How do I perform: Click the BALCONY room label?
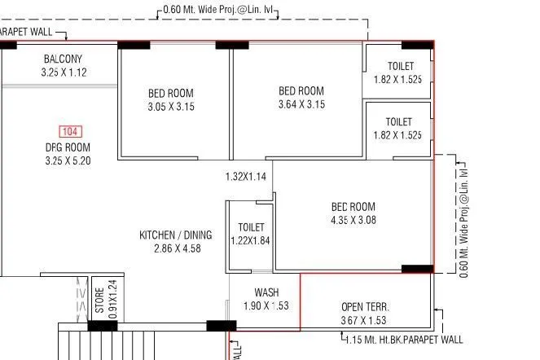(x=63, y=59)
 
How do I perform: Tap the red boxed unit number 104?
(x=69, y=131)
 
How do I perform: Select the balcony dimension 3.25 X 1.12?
(x=63, y=72)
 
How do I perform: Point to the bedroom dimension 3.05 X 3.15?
(x=171, y=107)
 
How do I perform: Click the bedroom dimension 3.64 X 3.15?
(x=301, y=104)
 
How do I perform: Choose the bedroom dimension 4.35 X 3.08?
(x=353, y=220)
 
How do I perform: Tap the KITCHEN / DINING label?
(x=175, y=235)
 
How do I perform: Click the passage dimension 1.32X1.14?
(x=246, y=176)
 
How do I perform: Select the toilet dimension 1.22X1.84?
(x=249, y=240)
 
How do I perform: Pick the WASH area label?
(x=266, y=292)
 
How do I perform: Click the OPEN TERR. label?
(x=365, y=307)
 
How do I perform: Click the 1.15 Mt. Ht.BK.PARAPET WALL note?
(x=403, y=340)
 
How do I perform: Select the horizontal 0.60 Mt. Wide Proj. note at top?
(x=220, y=10)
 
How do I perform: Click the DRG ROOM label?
(x=68, y=147)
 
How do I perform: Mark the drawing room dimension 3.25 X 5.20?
(x=68, y=161)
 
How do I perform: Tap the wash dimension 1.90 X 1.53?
(x=266, y=306)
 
